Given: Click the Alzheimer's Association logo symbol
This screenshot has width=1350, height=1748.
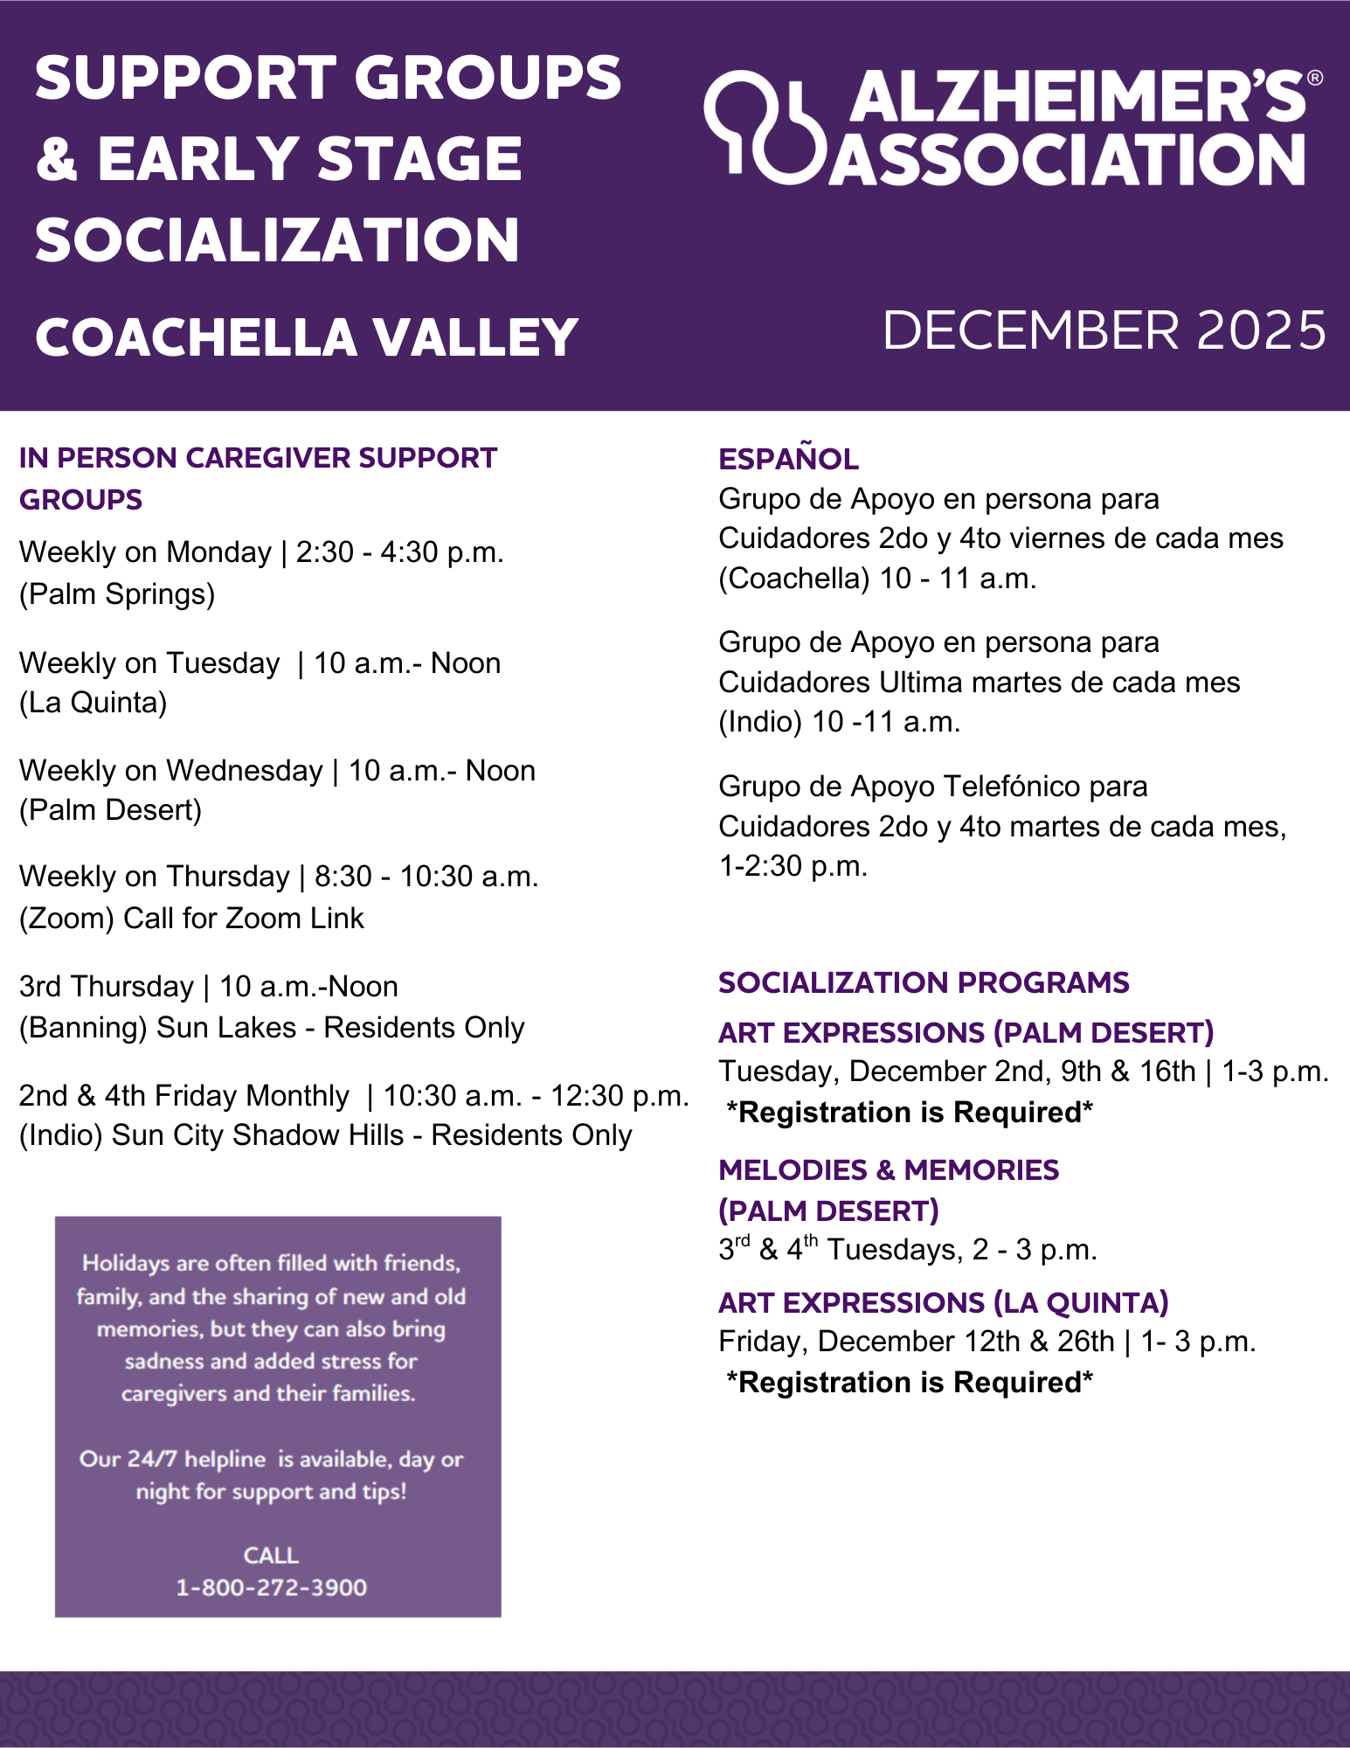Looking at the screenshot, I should (x=764, y=127).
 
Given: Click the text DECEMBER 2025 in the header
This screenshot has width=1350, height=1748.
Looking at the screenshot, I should (x=1104, y=330).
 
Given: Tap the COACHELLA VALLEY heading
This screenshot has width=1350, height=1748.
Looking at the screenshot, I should (x=306, y=337).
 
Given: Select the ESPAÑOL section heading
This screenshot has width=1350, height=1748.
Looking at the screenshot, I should (x=788, y=459).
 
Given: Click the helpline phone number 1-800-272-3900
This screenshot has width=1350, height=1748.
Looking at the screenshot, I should (x=271, y=1587).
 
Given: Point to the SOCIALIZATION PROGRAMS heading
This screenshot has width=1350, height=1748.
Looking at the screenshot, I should (x=924, y=982).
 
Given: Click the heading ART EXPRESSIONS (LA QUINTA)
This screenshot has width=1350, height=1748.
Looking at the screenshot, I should (x=943, y=1302).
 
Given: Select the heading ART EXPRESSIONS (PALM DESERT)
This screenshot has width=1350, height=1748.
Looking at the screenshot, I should (x=966, y=1032).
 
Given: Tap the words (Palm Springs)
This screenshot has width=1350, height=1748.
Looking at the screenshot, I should (x=117, y=594).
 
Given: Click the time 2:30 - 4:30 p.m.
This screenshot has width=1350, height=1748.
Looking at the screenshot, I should (x=399, y=552).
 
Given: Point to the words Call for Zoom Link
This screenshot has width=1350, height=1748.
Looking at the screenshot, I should (x=243, y=919).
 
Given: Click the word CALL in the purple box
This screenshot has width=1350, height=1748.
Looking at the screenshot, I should (x=271, y=1555).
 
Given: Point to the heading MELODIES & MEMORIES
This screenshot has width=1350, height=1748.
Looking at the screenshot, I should (x=888, y=1169).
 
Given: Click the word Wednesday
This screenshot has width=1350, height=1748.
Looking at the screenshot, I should (x=245, y=771).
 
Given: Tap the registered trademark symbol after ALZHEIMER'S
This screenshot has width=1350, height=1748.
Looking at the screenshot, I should (x=1314, y=79).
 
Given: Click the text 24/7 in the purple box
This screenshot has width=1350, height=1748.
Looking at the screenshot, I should (x=153, y=1459).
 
